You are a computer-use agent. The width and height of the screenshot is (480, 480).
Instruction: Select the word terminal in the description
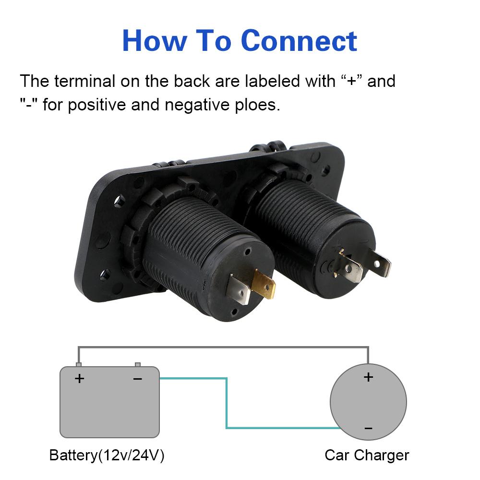[x=84, y=81]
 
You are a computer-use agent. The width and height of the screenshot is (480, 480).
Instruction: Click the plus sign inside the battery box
[x=79, y=379]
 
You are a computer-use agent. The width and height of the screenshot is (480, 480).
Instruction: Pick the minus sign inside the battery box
[x=138, y=379]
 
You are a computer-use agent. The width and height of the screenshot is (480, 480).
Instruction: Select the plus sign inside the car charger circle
[x=368, y=377]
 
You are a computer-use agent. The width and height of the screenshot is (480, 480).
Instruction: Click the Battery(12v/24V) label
[x=107, y=455]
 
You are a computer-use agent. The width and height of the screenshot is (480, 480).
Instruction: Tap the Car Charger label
[x=367, y=455]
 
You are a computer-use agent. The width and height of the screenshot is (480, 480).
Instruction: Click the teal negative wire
[x=226, y=403]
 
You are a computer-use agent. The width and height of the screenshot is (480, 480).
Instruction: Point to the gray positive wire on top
[x=223, y=347]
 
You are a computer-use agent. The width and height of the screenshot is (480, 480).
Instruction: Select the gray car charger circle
[x=346, y=403]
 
